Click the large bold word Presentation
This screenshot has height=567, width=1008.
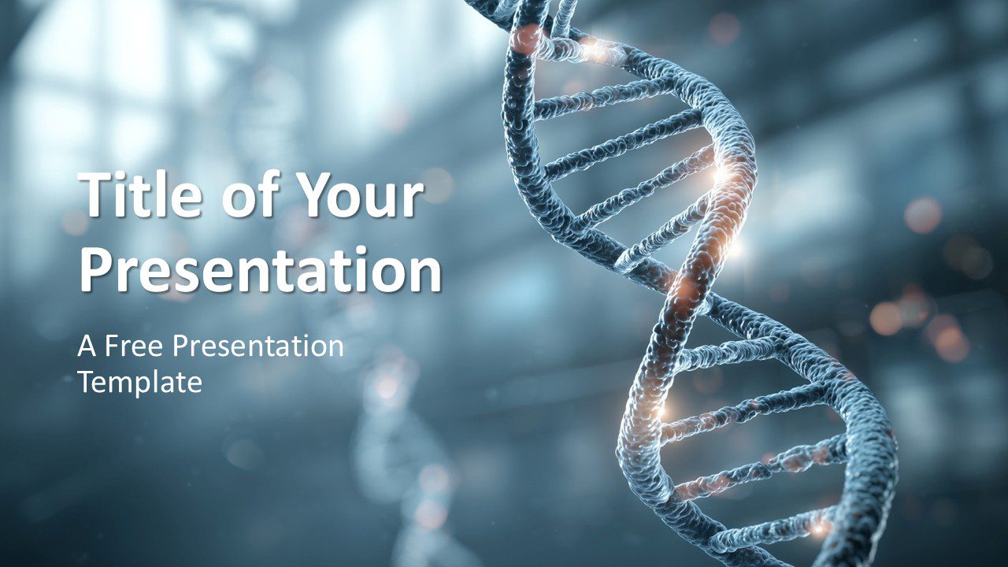[260, 269]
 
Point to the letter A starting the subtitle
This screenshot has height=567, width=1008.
[85, 346]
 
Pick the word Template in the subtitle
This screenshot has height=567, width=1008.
[140, 382]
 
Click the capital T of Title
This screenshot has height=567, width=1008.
[94, 197]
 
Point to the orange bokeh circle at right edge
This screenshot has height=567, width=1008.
[923, 214]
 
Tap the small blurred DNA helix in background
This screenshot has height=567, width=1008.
[394, 441]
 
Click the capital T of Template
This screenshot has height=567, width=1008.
[85, 382]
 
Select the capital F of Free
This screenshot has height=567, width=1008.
[112, 346]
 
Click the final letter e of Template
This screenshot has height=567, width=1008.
[195, 384]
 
